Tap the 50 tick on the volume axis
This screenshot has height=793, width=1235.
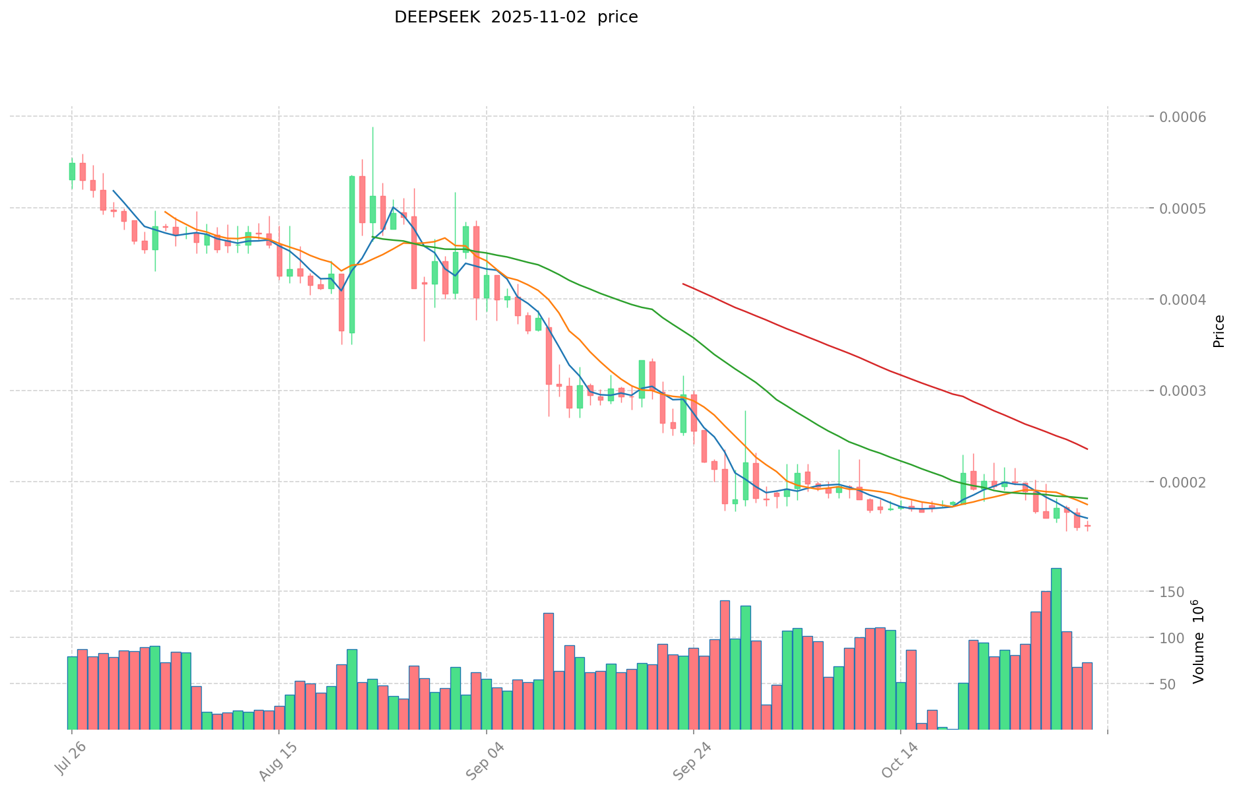[1176, 684]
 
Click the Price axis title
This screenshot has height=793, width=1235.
[1219, 331]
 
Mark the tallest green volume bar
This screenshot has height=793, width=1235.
[1056, 648]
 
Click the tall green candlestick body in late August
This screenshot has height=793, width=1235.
[352, 254]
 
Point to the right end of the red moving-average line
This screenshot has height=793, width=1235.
[1087, 449]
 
